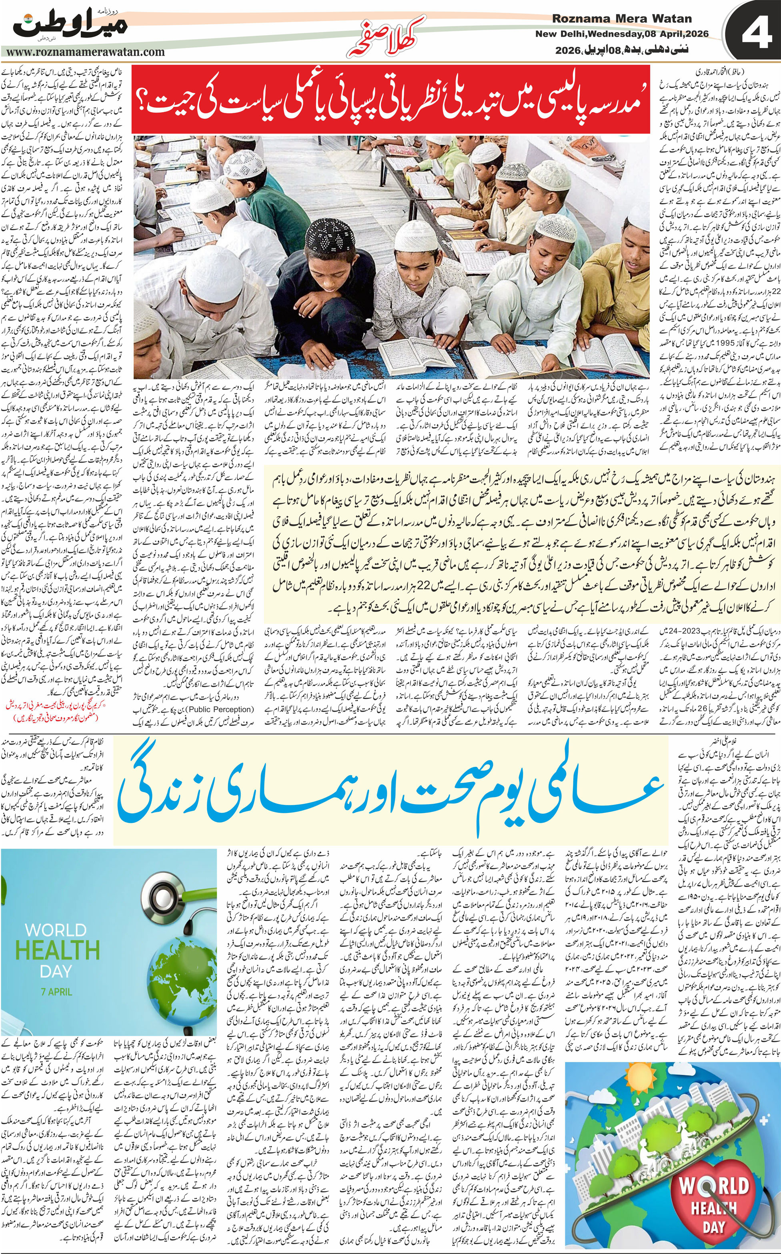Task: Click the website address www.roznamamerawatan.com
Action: point(86,52)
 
